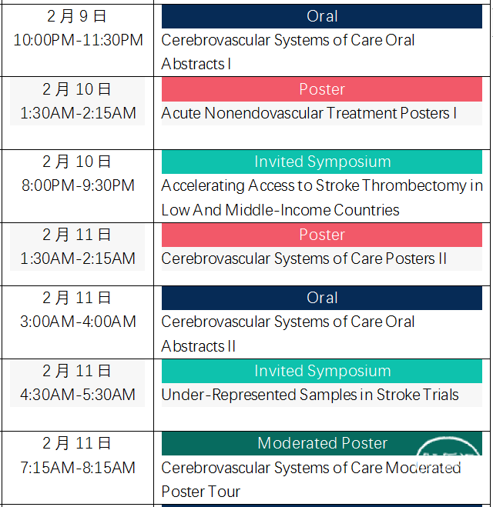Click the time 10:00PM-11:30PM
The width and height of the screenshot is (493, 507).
(x=78, y=40)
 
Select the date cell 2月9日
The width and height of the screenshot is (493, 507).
(x=77, y=16)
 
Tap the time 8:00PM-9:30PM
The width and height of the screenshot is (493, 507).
(x=78, y=185)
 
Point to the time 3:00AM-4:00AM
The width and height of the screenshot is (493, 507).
(x=78, y=322)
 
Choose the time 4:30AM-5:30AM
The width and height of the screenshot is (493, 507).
(x=78, y=395)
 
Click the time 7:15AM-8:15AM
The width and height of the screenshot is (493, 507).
(x=78, y=468)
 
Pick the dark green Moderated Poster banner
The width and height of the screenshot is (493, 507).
(x=322, y=443)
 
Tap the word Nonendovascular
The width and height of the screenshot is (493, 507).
(x=263, y=113)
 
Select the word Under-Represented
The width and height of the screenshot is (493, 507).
(x=229, y=395)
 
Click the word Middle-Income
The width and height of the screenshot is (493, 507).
(x=277, y=210)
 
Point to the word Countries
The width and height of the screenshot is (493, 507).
(x=367, y=210)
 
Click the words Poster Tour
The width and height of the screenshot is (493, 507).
(x=201, y=492)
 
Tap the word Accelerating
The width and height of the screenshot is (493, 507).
(x=203, y=186)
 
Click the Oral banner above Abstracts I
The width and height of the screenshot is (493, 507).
(x=322, y=16)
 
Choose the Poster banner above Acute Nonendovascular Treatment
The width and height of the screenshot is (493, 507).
(x=322, y=89)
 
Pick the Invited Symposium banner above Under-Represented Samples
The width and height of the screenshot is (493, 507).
(x=322, y=371)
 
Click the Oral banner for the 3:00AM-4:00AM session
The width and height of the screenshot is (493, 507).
(x=322, y=298)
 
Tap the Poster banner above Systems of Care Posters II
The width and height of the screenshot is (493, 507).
(x=322, y=235)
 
